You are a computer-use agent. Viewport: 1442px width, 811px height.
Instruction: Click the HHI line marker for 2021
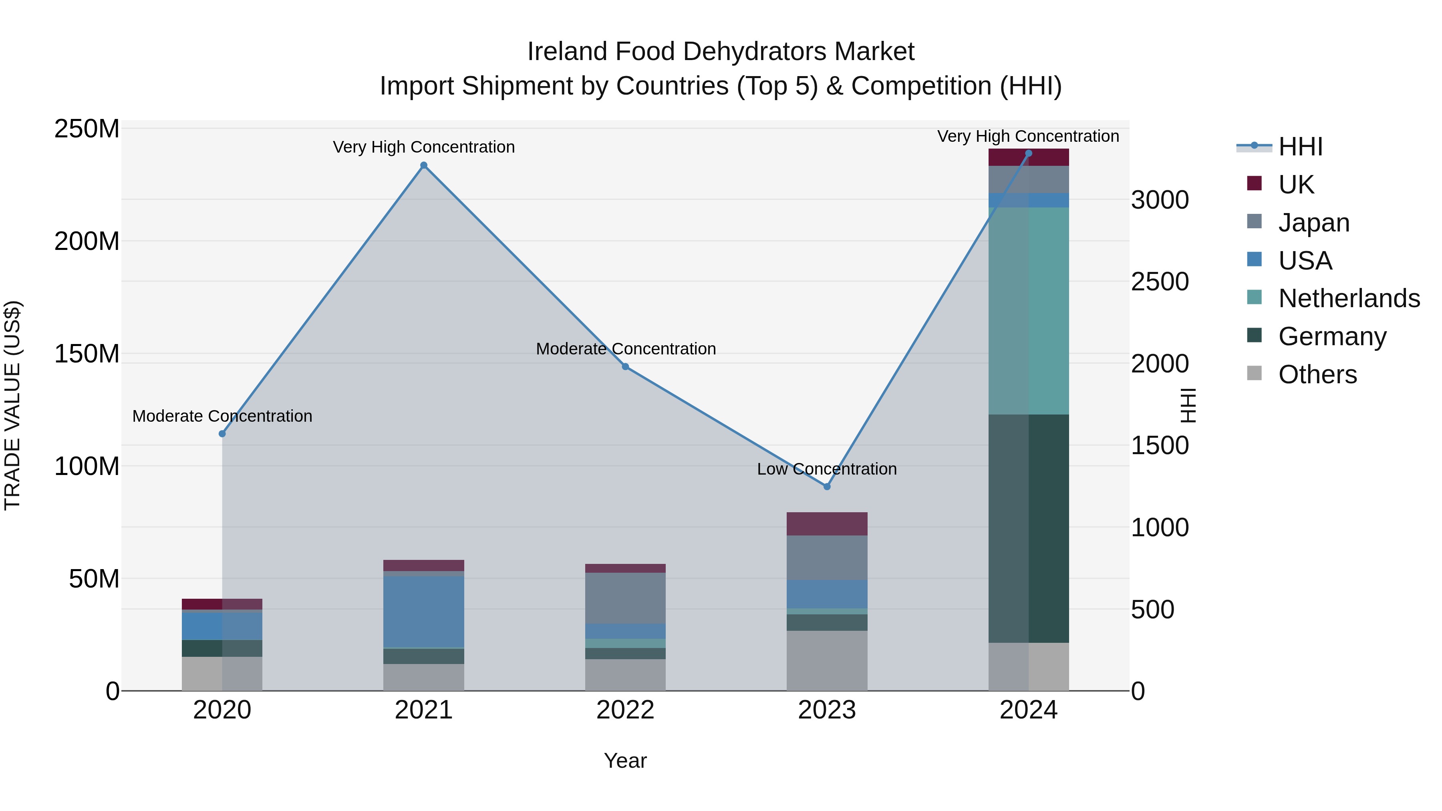pos(424,165)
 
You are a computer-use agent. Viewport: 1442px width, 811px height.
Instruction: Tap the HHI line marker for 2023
pos(827,486)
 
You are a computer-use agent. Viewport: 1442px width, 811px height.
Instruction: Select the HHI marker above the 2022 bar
pos(625,366)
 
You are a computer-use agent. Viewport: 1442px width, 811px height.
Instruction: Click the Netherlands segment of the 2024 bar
pos(1028,311)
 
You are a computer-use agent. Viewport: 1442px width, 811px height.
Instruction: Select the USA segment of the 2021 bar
pos(424,611)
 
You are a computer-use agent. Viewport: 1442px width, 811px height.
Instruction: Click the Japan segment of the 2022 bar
pos(625,598)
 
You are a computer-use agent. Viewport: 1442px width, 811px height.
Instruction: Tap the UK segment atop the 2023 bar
pos(827,523)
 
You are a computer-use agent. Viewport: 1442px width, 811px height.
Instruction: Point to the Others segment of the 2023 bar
pos(827,660)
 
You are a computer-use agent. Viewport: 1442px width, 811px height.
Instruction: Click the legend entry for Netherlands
pos(1349,298)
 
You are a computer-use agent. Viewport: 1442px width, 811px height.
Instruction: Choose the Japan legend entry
pos(1313,222)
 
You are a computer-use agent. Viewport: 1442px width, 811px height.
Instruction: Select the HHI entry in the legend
pos(1300,147)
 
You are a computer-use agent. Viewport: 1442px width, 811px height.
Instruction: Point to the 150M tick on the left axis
pos(87,354)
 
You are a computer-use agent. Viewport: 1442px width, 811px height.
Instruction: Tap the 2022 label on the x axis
pos(625,710)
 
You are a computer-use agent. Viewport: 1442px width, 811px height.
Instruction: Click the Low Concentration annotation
pos(827,469)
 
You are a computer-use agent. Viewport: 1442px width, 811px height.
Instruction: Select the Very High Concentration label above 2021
pos(424,147)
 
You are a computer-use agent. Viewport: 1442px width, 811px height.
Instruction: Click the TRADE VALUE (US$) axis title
pos(12,405)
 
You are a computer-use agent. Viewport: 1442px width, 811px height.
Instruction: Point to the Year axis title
pos(625,761)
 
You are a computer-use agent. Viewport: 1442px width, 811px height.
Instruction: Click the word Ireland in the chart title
pos(567,52)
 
